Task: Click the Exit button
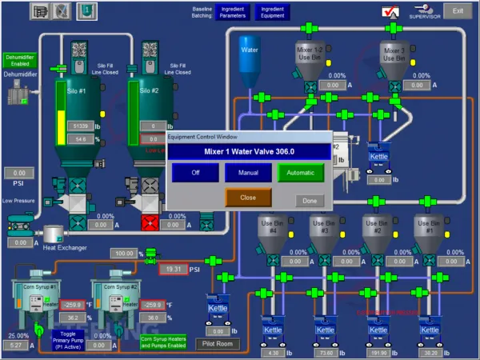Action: tap(458, 10)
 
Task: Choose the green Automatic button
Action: tap(301, 172)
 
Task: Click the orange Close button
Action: tap(248, 197)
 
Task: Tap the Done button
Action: tap(309, 201)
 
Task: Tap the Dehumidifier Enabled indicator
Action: tap(20, 61)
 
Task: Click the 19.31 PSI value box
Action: tap(173, 270)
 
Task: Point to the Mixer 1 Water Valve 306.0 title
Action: tap(249, 151)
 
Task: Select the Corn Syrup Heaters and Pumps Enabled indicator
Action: tap(164, 342)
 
